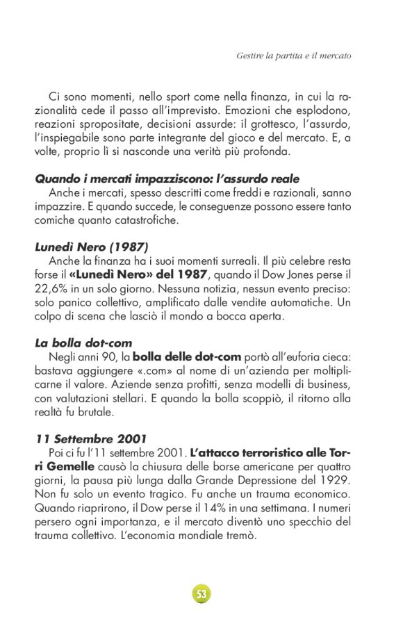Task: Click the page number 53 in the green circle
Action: pyautogui.click(x=201, y=594)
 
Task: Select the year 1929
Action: pyautogui.click(x=337, y=480)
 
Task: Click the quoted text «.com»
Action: pyautogui.click(x=143, y=370)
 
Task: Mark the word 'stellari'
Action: pyautogui.click(x=139, y=399)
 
